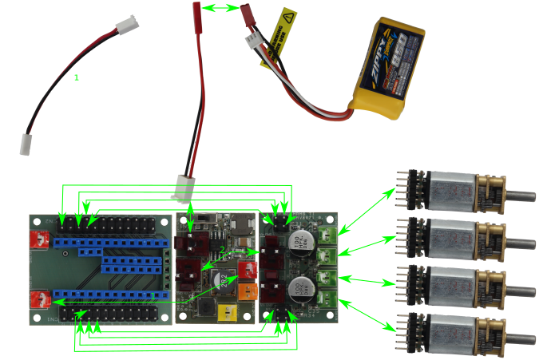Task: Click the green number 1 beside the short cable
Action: point(77,77)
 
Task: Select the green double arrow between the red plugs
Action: point(221,8)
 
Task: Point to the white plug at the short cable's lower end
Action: point(26,144)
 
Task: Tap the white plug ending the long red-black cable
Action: point(184,188)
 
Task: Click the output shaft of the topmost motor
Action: point(522,194)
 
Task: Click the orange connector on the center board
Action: point(246,291)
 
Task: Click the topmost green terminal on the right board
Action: point(327,235)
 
